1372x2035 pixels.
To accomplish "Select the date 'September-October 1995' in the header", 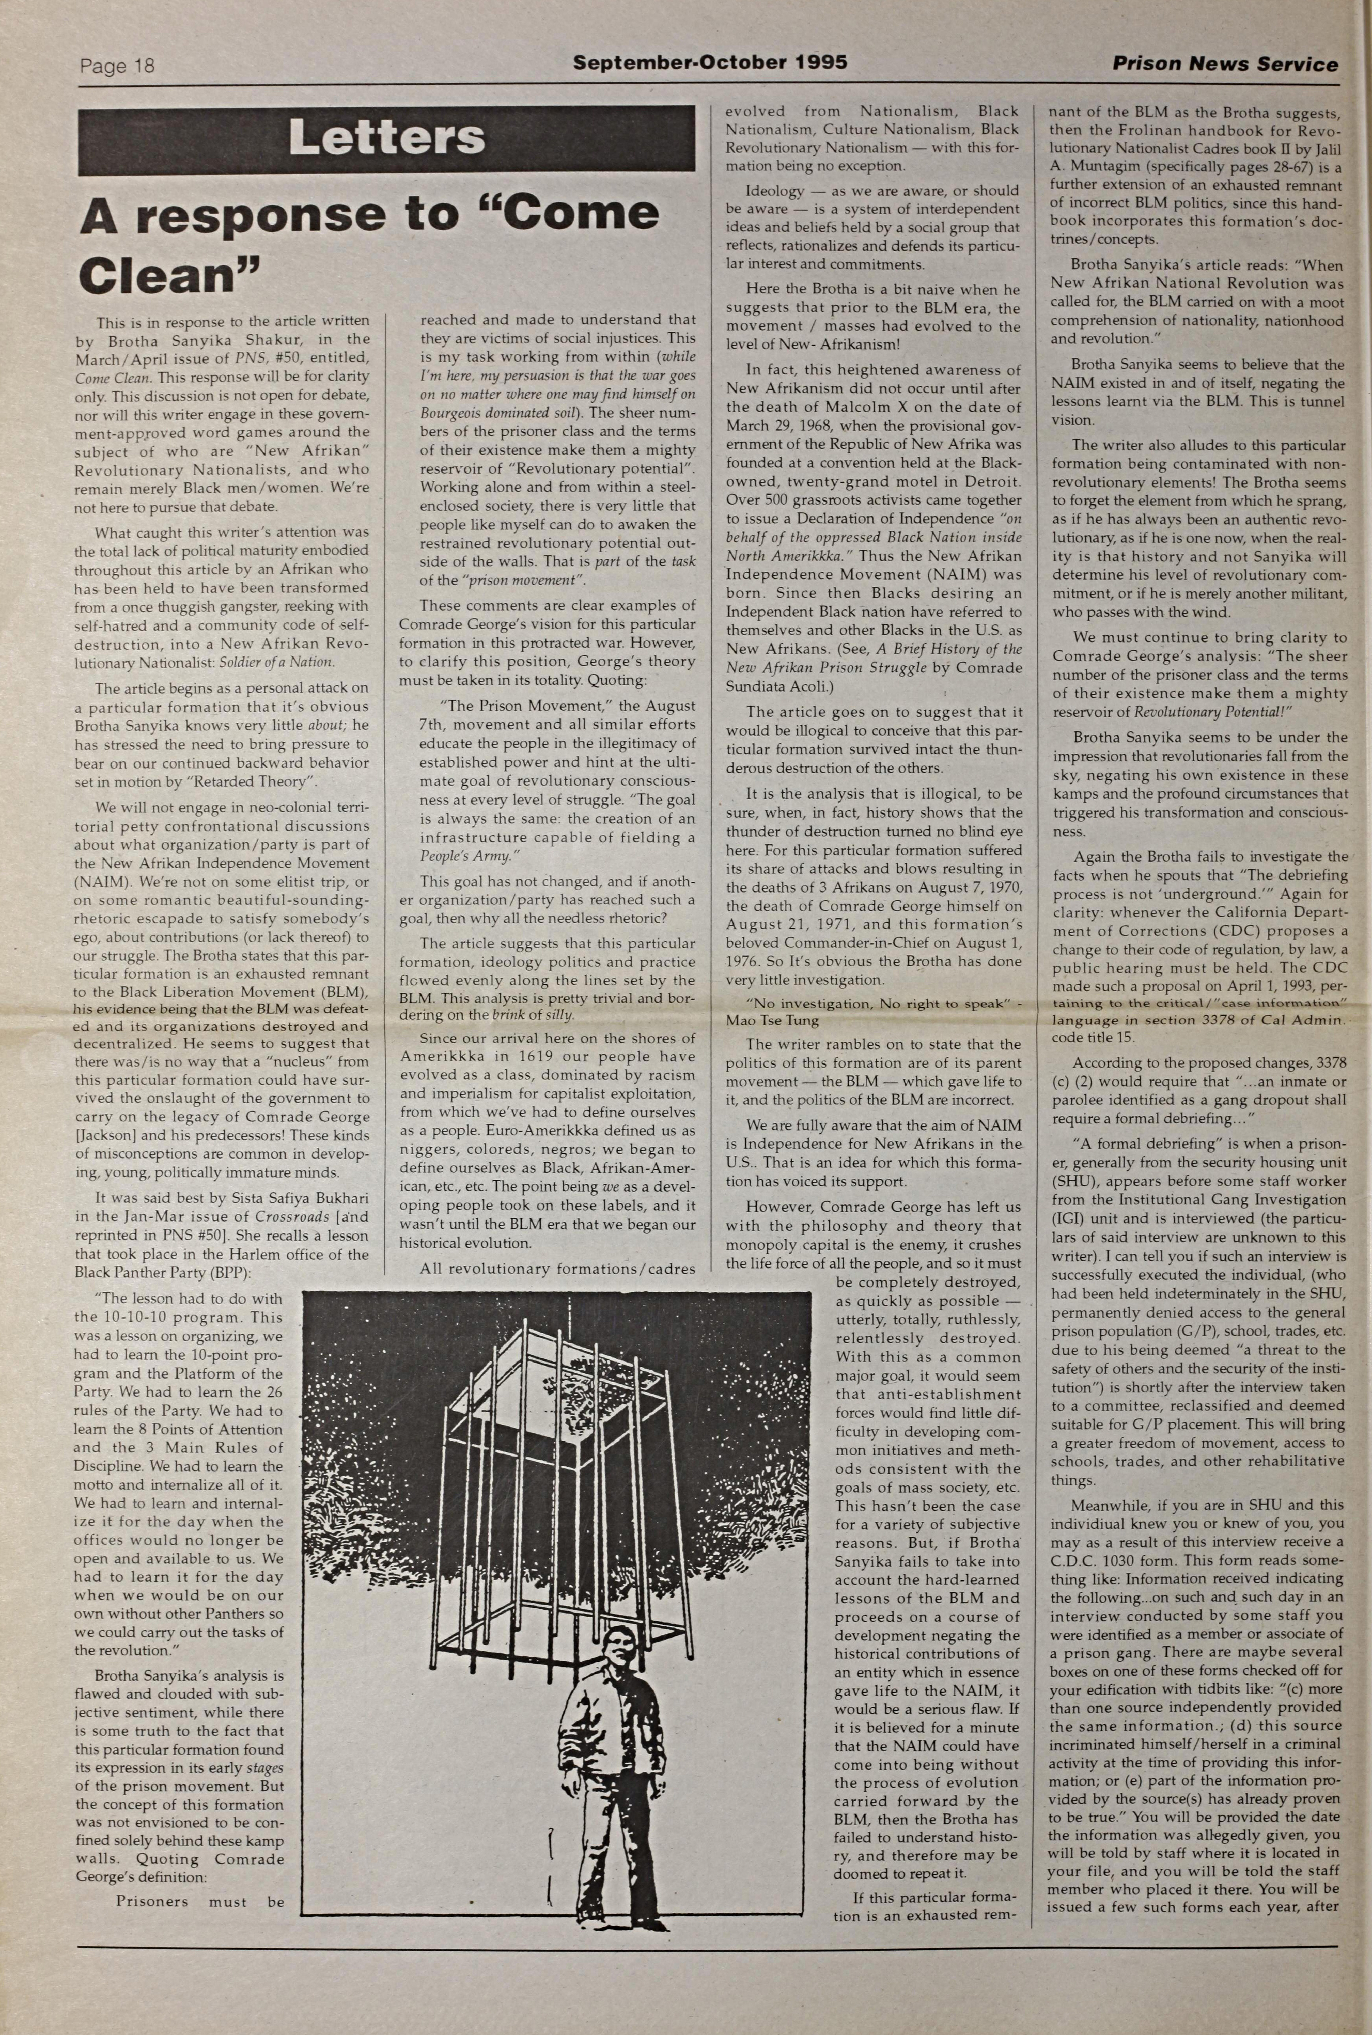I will (x=710, y=63).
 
